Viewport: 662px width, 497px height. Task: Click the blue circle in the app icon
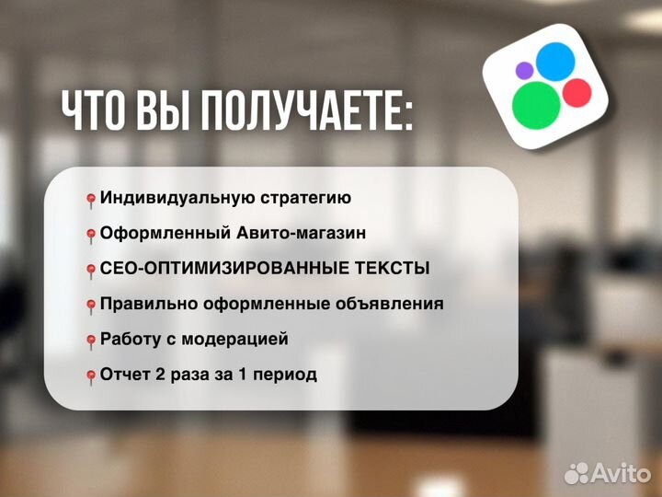pyautogui.click(x=555, y=61)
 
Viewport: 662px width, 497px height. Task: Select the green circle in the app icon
pyautogui.click(x=536, y=103)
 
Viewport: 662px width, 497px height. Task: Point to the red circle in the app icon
pyautogui.click(x=576, y=92)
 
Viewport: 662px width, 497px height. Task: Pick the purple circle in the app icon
pyautogui.click(x=524, y=70)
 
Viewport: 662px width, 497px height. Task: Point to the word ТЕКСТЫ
pyautogui.click(x=393, y=269)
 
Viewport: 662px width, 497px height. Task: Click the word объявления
pyautogui.click(x=393, y=305)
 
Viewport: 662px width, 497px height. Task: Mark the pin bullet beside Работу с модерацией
pyautogui.click(x=91, y=341)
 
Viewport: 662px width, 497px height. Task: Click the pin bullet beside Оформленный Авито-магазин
pyautogui.click(x=91, y=235)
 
